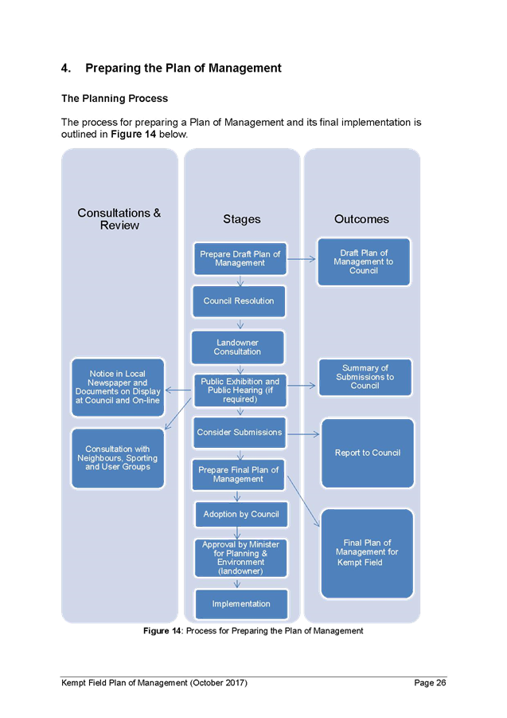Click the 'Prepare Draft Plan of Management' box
[240, 259]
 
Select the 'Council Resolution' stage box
[239, 301]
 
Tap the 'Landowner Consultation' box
[237, 347]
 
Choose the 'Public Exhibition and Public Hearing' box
[240, 390]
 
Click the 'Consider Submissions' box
[239, 433]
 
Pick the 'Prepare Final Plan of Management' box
[239, 475]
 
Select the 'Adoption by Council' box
[240, 515]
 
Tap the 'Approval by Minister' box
[240, 558]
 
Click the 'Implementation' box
[240, 604]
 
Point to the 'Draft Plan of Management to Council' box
[364, 261]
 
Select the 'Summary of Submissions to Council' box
[365, 377]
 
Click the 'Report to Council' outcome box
[367, 453]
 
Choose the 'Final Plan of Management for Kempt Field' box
[367, 553]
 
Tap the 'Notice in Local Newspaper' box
[118, 387]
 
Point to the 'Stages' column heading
[241, 219]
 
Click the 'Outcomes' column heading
[361, 219]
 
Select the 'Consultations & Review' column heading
[119, 219]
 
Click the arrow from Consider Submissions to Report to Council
[302, 434]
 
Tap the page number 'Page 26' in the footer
[430, 683]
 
